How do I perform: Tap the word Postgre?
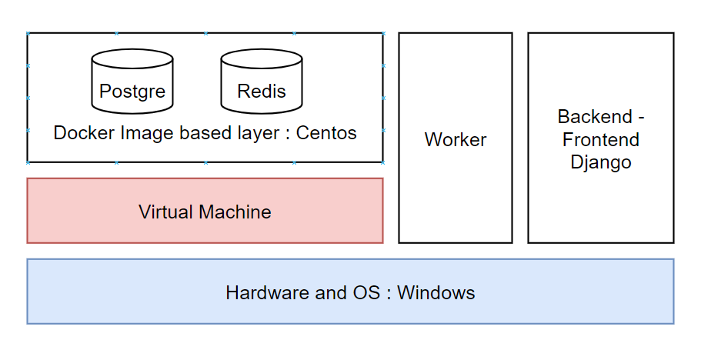tap(132, 92)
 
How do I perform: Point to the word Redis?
tap(262, 92)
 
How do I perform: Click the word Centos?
tap(326, 133)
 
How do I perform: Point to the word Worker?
tap(455, 140)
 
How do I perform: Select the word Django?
tap(601, 162)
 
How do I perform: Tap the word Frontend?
tap(601, 140)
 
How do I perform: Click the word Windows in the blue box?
tap(436, 293)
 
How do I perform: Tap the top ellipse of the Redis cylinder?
tap(261, 59)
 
